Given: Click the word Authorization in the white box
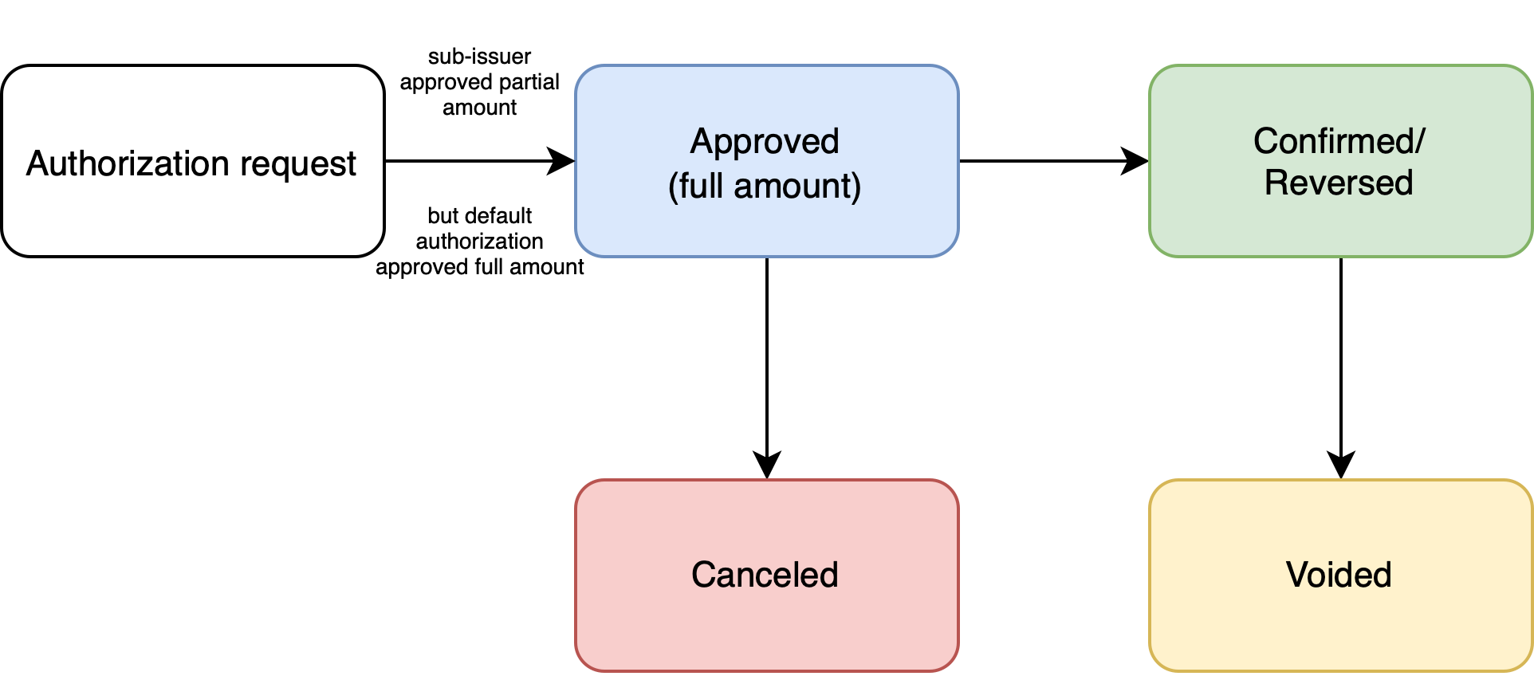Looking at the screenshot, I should pos(128,163).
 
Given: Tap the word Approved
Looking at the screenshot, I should pos(765,142).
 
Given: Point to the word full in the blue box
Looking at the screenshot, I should pos(701,186).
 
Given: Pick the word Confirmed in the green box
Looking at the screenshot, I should pos(1333,141).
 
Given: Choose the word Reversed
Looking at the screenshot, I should pos(1339,183).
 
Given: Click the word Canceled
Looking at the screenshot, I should pos(765,575).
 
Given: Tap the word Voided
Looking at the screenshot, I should pos(1339,575).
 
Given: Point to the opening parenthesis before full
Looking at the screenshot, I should pos(673,187).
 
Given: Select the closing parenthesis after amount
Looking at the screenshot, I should pos(857,187).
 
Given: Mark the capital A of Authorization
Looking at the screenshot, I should pos(37,163).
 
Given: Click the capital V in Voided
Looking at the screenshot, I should pos(1297,575).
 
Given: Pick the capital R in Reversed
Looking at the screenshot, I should pos(1276,183).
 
